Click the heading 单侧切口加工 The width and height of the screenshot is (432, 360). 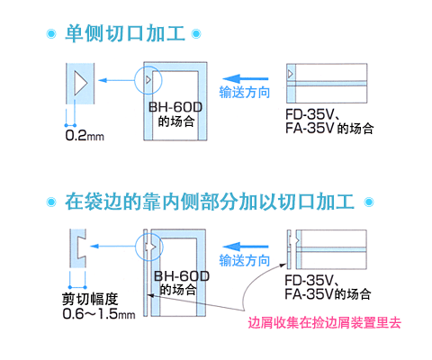click(125, 33)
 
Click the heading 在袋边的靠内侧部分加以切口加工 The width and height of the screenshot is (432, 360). click(210, 202)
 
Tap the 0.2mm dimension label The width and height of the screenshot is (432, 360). click(85, 135)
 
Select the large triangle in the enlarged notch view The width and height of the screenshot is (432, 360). click(81, 83)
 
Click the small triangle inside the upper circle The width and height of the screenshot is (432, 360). click(148, 80)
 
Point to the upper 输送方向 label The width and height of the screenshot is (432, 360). click(245, 92)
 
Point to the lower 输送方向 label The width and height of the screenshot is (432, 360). click(245, 260)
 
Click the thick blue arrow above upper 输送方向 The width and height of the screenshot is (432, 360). click(245, 79)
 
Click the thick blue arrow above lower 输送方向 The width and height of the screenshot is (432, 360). click(245, 247)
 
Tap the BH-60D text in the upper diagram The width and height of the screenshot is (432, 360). click(175, 107)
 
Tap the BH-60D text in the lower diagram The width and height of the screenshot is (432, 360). click(182, 276)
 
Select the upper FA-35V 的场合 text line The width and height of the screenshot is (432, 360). click(329, 129)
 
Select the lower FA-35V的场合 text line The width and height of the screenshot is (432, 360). click(328, 293)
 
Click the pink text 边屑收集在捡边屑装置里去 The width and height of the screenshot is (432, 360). click(324, 323)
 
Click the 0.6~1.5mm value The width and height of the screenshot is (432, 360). click(99, 314)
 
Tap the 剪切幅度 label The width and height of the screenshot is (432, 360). click(90, 299)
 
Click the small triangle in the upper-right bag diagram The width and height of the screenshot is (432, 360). click(290, 74)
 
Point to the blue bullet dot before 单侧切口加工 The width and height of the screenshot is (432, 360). click(51, 33)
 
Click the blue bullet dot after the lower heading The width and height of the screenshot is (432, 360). click(369, 202)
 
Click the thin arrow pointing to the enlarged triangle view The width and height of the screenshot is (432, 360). click(116, 80)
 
